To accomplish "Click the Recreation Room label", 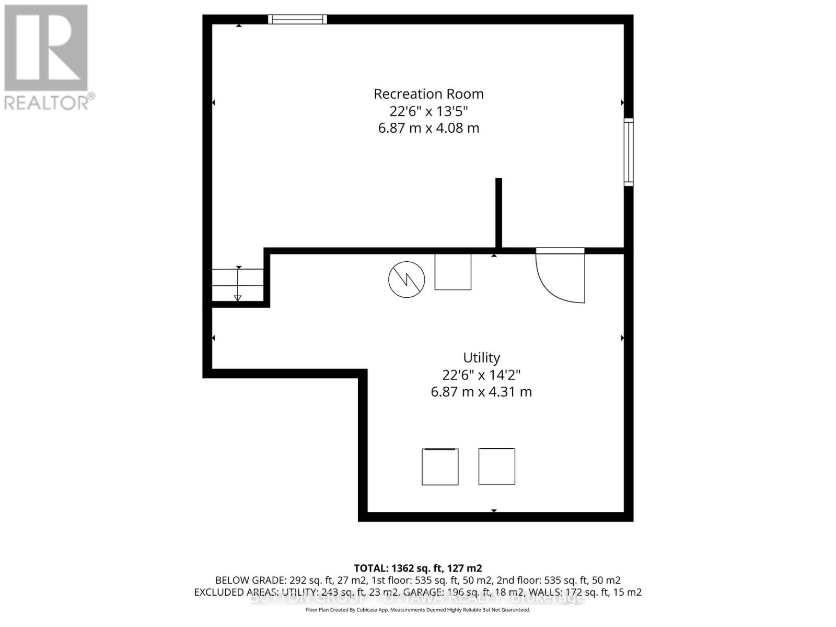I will click(428, 94).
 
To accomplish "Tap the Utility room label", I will click(481, 358).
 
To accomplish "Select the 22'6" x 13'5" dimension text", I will click(428, 111).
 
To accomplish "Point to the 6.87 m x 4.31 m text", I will click(481, 392).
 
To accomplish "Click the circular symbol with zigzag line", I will click(407, 280).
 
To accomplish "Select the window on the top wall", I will click(298, 20).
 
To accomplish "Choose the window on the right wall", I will click(629, 152).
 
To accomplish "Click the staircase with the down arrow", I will click(238, 285).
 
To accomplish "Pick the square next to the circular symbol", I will click(453, 272).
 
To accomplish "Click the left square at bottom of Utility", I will click(440, 467).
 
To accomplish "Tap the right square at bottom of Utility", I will click(496, 466).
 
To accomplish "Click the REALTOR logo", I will click(47, 57).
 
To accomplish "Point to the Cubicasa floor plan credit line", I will click(417, 610).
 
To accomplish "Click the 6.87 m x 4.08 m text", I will click(428, 128).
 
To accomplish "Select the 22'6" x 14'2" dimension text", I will click(481, 375).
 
